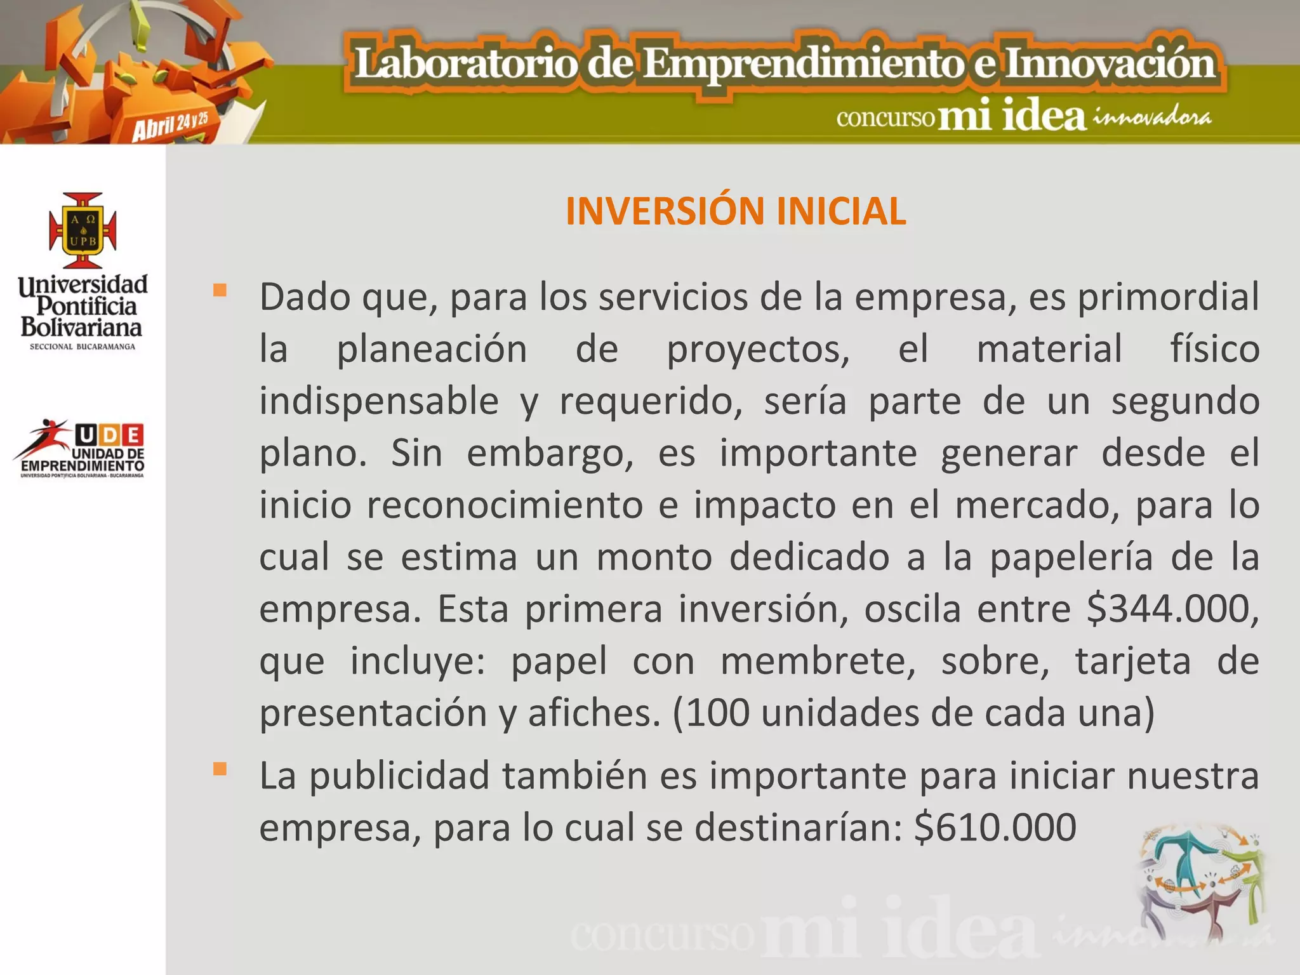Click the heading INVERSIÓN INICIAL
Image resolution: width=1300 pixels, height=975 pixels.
point(735,211)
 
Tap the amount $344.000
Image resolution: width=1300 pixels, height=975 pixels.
point(1172,609)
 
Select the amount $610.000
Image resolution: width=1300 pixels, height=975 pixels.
point(995,828)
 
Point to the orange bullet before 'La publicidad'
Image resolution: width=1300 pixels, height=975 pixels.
point(220,769)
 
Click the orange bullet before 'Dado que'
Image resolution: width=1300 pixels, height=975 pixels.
point(220,291)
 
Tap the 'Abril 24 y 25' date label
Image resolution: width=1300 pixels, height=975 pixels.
point(170,124)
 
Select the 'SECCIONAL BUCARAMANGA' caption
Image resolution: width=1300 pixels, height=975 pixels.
point(83,347)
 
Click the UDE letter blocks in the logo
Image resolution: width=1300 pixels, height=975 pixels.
point(109,435)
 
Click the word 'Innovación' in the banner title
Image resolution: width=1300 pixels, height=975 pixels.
point(1110,65)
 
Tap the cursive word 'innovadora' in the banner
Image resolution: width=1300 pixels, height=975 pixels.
point(1151,118)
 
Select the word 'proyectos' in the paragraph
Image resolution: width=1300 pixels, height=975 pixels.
point(758,350)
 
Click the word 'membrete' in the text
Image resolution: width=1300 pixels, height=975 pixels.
point(818,661)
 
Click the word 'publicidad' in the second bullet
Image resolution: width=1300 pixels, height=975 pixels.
point(399,776)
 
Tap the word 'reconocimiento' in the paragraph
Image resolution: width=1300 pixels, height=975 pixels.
point(505,506)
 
